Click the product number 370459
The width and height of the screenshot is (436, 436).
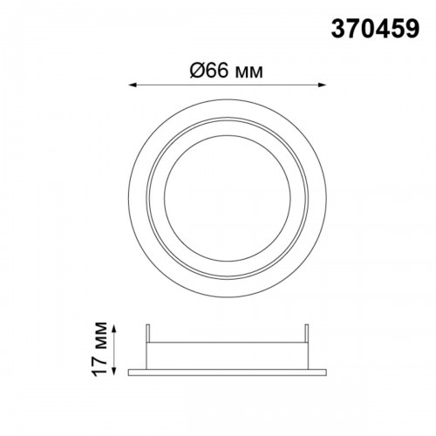click(x=375, y=29)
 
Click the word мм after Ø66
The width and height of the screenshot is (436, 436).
click(x=249, y=73)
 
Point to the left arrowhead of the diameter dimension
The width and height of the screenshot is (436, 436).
click(x=133, y=85)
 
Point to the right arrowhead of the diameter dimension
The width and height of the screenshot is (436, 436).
click(x=322, y=85)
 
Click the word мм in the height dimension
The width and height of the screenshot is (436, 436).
click(x=100, y=335)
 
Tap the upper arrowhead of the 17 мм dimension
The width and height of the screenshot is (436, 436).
click(x=114, y=329)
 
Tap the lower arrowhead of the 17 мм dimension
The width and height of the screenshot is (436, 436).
click(x=114, y=371)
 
